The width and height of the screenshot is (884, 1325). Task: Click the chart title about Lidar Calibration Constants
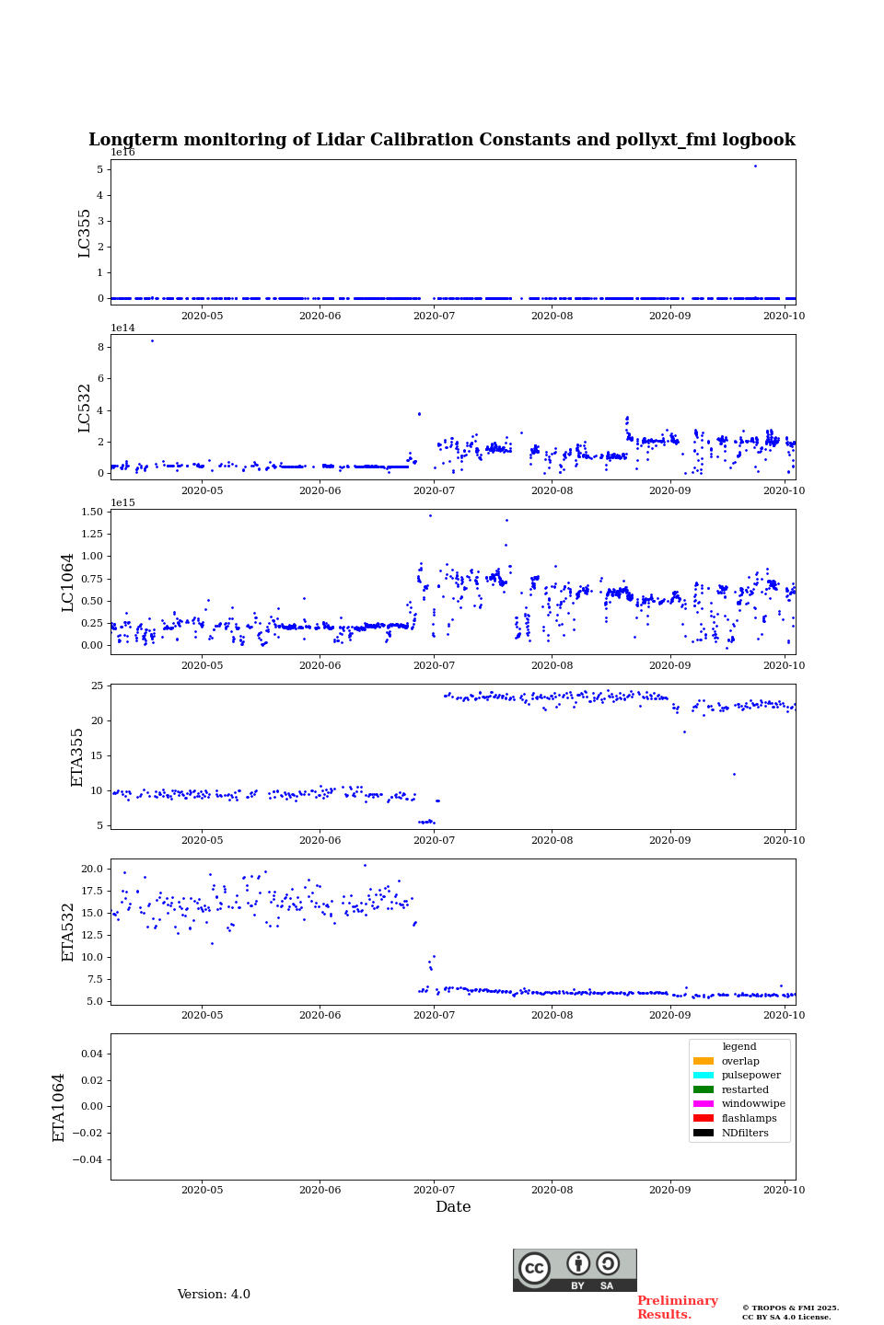point(442,140)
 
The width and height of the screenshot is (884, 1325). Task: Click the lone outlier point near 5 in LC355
point(755,167)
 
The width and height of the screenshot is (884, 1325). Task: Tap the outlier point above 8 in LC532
point(152,341)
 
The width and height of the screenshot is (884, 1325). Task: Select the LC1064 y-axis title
point(68,582)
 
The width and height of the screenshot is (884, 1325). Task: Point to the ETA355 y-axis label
point(77,756)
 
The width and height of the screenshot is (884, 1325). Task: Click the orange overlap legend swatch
point(704,1061)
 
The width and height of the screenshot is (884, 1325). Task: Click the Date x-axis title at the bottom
point(453,1207)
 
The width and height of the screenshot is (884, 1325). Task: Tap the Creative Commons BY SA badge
point(575,1270)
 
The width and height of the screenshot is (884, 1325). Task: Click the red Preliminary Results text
point(677,1308)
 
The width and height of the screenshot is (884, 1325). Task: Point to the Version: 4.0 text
point(214,1295)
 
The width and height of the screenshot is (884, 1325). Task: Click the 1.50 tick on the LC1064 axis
point(91,512)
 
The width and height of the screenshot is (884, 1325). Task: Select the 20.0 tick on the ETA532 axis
point(91,869)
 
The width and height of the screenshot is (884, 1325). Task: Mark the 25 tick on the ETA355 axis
point(97,686)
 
